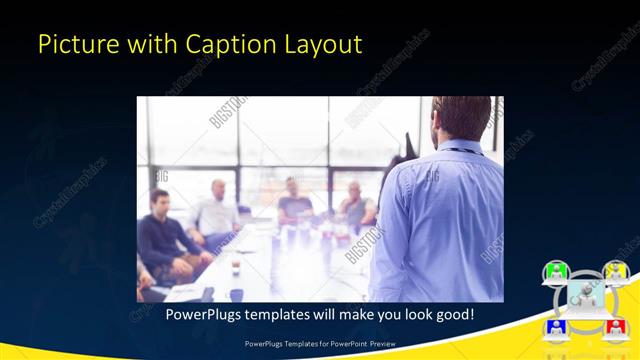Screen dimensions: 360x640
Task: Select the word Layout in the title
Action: (x=324, y=45)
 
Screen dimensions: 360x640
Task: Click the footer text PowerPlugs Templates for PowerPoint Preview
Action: (x=320, y=345)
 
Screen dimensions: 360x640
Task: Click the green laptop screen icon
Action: (x=555, y=270)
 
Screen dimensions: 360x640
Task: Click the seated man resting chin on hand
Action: (x=355, y=205)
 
